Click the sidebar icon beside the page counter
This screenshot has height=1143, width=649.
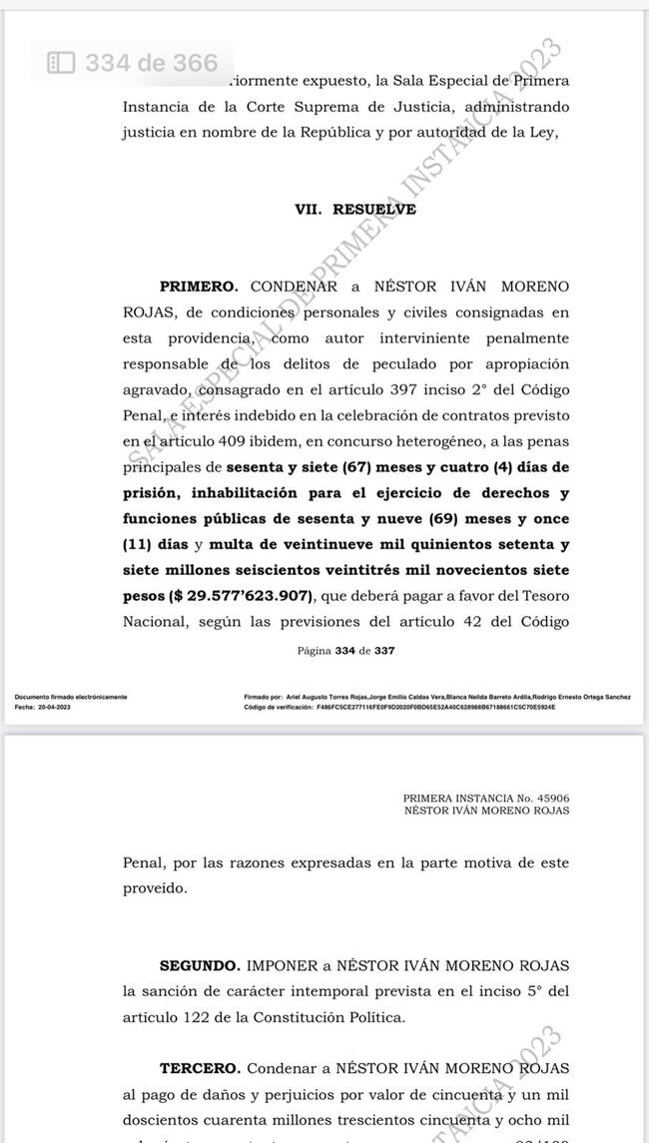click(62, 63)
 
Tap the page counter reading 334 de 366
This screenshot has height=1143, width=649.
click(151, 63)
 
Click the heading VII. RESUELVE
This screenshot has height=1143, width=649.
click(341, 210)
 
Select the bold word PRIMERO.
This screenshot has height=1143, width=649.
click(199, 286)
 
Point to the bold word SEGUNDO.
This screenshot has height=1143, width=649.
click(200, 966)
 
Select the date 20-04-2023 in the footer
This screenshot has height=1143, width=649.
click(56, 706)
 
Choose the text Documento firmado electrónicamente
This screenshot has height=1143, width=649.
click(70, 697)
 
